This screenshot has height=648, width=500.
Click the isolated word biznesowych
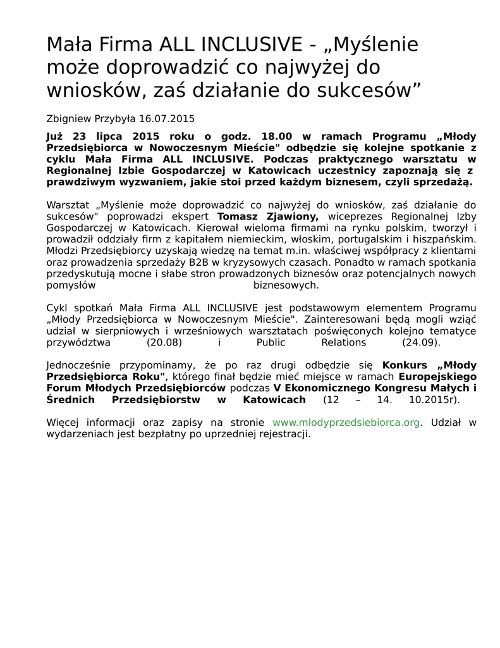(286, 285)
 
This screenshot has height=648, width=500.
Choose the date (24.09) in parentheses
(421, 342)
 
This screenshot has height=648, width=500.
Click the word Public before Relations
(271, 342)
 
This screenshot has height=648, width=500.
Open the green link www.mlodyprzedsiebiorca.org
(346, 422)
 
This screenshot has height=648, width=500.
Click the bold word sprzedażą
(444, 182)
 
